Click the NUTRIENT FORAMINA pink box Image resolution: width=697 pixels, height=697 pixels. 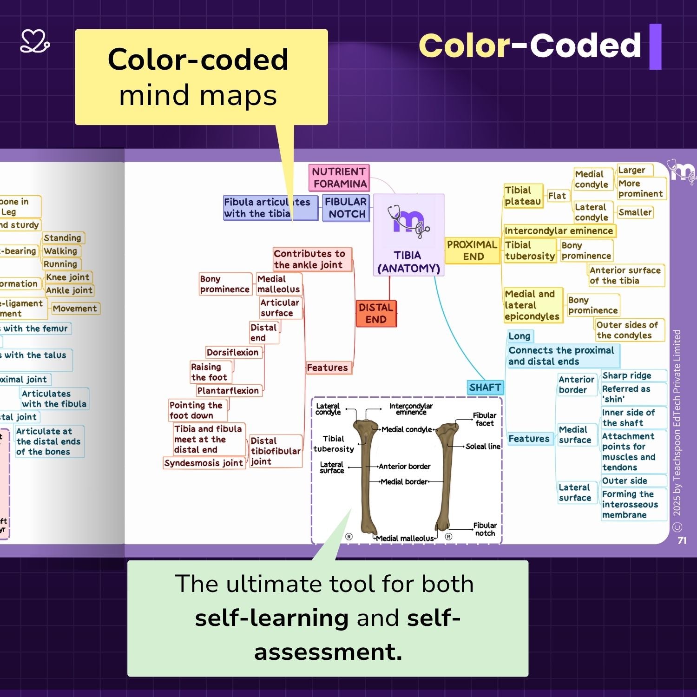339,178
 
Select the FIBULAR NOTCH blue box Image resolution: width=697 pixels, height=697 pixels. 346,208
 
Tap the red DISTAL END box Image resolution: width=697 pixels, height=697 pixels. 376,313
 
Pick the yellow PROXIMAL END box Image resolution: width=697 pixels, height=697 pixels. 472,250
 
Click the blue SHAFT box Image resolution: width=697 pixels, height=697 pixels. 485,388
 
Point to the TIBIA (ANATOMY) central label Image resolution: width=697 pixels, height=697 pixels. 408,262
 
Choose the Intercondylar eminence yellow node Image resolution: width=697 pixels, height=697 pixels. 559,231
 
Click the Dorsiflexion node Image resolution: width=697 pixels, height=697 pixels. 233,352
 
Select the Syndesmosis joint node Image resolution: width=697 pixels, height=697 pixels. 204,463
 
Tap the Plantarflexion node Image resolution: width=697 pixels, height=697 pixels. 228,391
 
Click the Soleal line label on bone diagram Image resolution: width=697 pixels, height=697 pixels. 483,447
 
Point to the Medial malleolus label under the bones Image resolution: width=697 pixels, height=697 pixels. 405,538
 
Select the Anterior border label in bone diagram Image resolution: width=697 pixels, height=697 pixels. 404,466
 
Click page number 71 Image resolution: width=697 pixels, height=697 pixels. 682,540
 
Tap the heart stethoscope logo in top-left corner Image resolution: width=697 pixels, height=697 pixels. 35,41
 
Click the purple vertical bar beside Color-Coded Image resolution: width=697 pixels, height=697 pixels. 655,46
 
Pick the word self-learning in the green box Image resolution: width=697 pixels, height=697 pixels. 272,618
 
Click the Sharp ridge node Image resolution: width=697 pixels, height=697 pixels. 626,375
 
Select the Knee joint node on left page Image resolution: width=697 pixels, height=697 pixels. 68,277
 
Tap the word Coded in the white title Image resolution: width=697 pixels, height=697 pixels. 585,46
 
